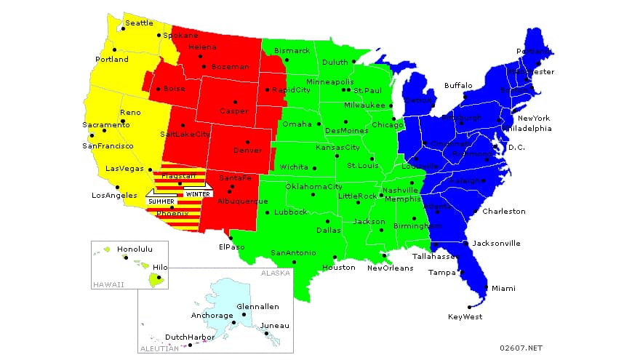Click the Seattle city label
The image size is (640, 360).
(x=140, y=23)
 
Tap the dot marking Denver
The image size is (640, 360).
(x=247, y=142)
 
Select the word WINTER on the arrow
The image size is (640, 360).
(x=196, y=194)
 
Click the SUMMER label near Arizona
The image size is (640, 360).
(x=161, y=201)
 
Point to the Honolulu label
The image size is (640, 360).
(x=135, y=249)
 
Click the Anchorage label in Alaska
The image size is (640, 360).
(x=211, y=316)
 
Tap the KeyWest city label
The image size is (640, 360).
(x=465, y=316)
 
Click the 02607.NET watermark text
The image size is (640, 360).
(x=522, y=348)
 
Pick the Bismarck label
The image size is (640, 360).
(x=292, y=51)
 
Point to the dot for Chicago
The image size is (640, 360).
(x=393, y=119)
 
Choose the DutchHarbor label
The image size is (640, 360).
(x=190, y=337)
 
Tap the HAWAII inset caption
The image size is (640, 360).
(x=108, y=284)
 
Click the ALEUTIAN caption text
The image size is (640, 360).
(x=159, y=348)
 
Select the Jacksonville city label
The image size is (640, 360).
(x=496, y=243)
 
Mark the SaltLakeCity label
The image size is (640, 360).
(x=185, y=135)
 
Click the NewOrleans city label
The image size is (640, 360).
(x=390, y=268)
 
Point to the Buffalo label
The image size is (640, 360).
(x=458, y=85)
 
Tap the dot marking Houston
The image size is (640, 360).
(x=334, y=257)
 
